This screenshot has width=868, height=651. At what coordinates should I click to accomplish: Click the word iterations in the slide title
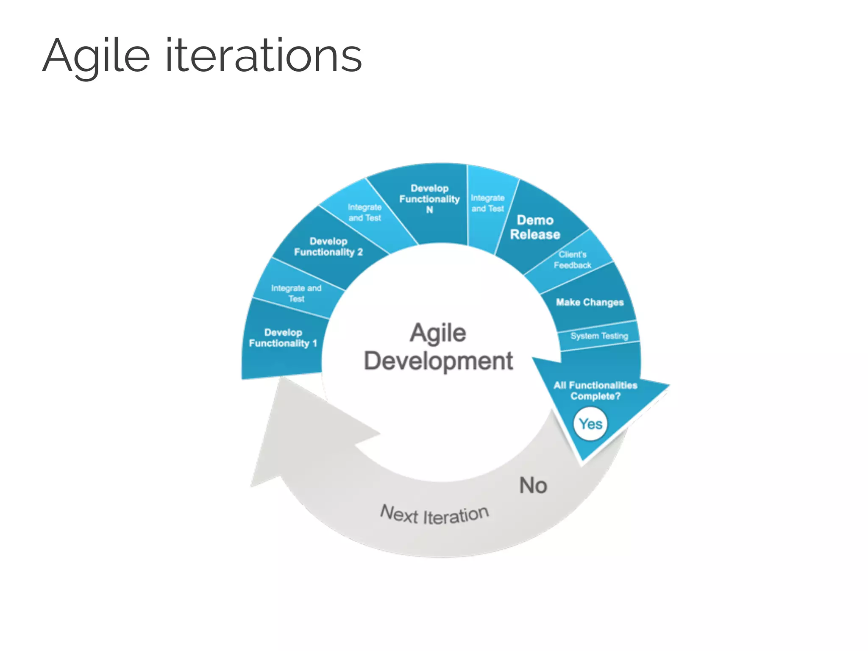(263, 56)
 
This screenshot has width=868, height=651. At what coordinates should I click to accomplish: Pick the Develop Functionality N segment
(429, 199)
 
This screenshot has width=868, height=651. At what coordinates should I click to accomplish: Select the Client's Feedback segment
(573, 260)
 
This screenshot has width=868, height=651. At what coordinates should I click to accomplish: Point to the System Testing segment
(599, 336)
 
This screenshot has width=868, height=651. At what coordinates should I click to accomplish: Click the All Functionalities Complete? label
(595, 390)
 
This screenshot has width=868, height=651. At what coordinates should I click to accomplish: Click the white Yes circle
(590, 424)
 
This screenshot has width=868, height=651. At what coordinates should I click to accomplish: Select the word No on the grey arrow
(533, 485)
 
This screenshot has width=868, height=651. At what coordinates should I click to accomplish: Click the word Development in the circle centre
(438, 361)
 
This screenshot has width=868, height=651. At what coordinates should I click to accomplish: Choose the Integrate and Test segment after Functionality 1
(296, 293)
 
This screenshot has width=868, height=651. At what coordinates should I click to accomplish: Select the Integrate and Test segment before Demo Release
(487, 203)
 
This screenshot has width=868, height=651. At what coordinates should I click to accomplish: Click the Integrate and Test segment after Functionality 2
(364, 213)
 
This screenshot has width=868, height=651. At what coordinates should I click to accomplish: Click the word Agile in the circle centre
(438, 333)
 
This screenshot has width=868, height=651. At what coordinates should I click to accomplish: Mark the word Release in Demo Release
(535, 235)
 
